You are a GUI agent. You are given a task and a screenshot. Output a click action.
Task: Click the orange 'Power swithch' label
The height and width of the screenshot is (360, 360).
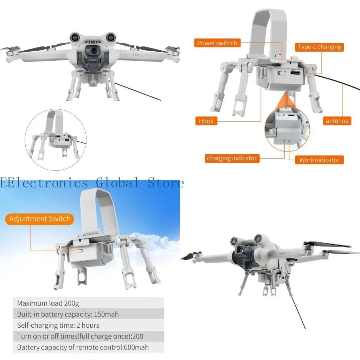coord(217,43)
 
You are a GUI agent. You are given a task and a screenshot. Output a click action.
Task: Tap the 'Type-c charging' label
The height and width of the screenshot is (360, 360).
coord(319,47)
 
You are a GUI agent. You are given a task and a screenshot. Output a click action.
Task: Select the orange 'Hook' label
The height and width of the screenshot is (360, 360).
coord(206,121)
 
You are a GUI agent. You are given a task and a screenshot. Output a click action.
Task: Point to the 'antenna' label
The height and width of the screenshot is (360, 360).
coord(337,121)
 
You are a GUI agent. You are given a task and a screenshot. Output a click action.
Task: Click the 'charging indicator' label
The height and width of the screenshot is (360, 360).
coord(232,158)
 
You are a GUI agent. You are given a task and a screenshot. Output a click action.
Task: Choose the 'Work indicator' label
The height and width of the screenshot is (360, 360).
coord(319,160)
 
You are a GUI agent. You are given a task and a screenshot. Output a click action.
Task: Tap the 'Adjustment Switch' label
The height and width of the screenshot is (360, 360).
coord(40,219)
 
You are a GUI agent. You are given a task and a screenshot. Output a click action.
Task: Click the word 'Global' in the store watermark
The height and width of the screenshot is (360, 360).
coord(117,183)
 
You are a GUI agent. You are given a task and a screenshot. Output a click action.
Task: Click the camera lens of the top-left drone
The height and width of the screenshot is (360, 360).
coord(94,51)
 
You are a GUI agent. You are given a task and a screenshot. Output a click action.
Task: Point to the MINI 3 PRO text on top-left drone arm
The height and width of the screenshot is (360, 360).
coord(142,55)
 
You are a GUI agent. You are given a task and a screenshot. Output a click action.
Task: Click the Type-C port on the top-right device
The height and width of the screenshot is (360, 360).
coord(295,73)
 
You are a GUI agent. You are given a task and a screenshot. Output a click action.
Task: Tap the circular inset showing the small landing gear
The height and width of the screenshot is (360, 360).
coord(56,140)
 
